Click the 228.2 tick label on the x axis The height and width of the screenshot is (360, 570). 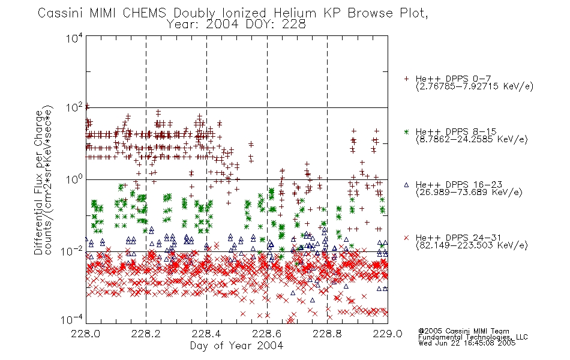(x=146, y=334)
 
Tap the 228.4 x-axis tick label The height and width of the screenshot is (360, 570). (x=206, y=334)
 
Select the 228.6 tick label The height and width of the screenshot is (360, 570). (x=267, y=334)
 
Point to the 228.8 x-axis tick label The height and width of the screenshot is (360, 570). (x=327, y=334)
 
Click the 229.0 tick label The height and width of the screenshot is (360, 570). (x=388, y=334)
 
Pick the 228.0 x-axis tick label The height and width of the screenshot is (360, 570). (x=86, y=334)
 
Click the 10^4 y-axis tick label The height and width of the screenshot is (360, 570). (x=74, y=38)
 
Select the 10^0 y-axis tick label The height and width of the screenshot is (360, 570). (x=74, y=180)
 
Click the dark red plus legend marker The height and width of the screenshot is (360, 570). (x=406, y=79)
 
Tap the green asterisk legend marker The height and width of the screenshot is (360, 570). (x=406, y=132)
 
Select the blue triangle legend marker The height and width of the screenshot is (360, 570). (x=406, y=185)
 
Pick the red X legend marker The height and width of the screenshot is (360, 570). (x=406, y=238)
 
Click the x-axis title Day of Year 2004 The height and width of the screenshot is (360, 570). (x=236, y=346)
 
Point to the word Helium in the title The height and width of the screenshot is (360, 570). (x=295, y=13)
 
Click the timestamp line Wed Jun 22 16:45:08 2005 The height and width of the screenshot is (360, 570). (x=467, y=343)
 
